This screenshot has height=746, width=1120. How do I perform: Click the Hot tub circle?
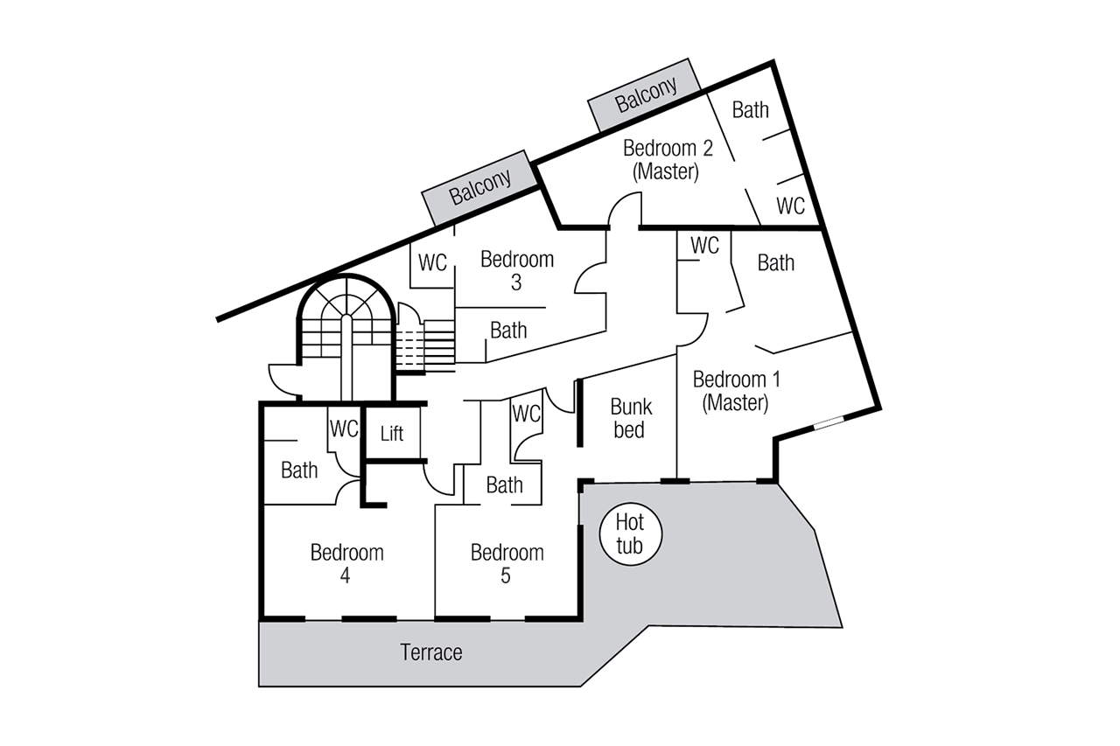630,534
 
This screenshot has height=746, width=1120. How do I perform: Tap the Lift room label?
392,432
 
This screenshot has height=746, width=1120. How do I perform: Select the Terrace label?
431,652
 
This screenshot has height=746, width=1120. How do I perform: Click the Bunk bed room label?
631,418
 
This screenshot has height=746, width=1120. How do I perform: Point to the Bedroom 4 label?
346,564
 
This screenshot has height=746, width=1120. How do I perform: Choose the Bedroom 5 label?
507,564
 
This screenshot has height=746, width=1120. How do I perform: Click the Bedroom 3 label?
517,270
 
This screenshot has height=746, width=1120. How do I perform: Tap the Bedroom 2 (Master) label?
667,159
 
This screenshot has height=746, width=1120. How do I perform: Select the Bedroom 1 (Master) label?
736,391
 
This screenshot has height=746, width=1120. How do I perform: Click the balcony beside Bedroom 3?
479,188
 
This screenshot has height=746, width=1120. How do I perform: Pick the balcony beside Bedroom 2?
646,94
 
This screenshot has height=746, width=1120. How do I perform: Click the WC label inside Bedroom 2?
791,206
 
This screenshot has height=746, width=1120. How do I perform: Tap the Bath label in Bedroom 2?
750,109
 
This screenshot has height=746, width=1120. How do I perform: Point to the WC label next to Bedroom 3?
433,261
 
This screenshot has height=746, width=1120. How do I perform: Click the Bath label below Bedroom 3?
508,330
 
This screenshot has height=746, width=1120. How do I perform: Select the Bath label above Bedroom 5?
504,485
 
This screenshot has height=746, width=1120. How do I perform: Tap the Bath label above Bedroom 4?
299,470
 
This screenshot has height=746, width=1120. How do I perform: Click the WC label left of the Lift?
345,429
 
